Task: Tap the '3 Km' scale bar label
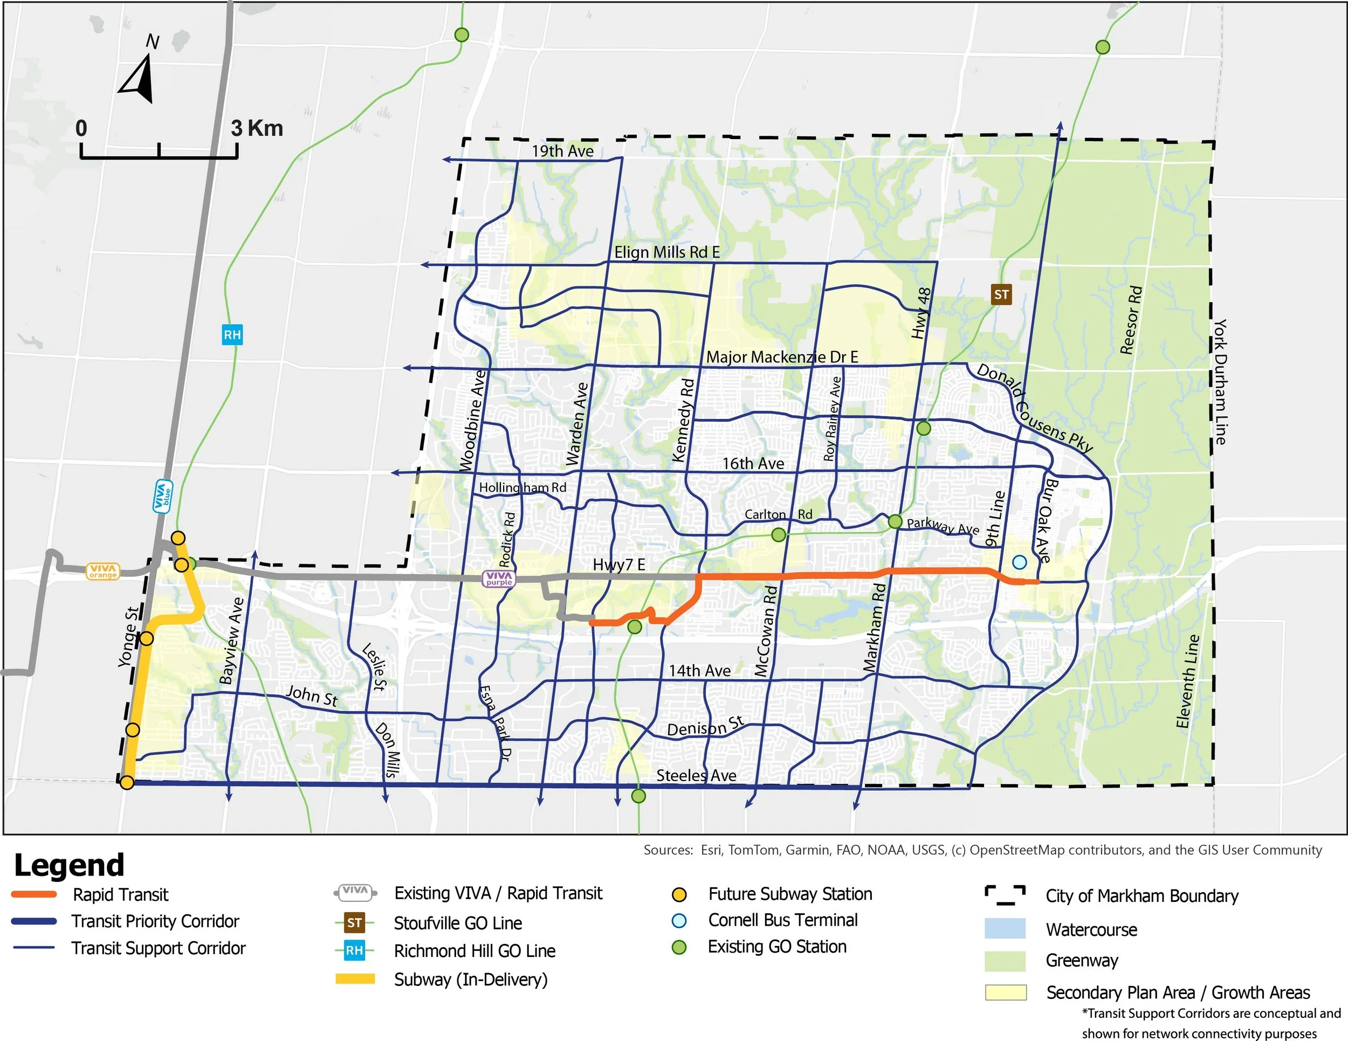257,128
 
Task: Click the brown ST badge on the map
1001,294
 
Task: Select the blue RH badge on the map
232,335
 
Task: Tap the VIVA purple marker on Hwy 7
498,578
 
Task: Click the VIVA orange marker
102,571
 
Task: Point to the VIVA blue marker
163,496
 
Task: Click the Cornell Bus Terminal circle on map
1020,562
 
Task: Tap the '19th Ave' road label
562,151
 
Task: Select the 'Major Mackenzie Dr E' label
782,357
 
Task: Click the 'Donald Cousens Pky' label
1034,409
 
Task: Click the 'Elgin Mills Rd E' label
666,252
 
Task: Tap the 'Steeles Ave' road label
696,775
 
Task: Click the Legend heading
69,865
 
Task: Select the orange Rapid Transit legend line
34,894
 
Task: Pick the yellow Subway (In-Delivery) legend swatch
355,978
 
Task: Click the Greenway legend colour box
1005,960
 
